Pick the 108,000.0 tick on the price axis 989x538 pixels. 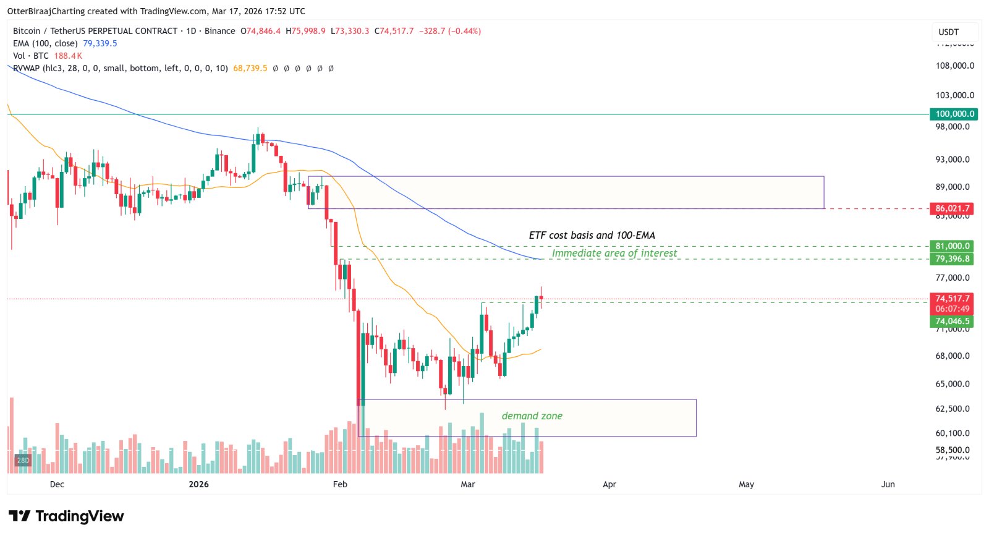point(954,66)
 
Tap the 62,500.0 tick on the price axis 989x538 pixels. point(952,409)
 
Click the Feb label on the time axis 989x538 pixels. point(340,484)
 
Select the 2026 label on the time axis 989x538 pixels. point(198,484)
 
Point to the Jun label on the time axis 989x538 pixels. point(888,484)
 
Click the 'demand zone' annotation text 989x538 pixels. point(532,416)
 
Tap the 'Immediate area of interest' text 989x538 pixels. point(614,253)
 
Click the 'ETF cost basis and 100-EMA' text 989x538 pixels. point(592,235)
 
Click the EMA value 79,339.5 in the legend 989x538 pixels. point(100,43)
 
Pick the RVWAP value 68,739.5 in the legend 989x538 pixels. point(250,68)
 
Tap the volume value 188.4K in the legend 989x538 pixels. point(68,56)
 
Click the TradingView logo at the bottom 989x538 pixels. point(66,516)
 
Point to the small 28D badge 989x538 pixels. point(23,460)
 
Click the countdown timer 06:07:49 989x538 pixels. point(952,309)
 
